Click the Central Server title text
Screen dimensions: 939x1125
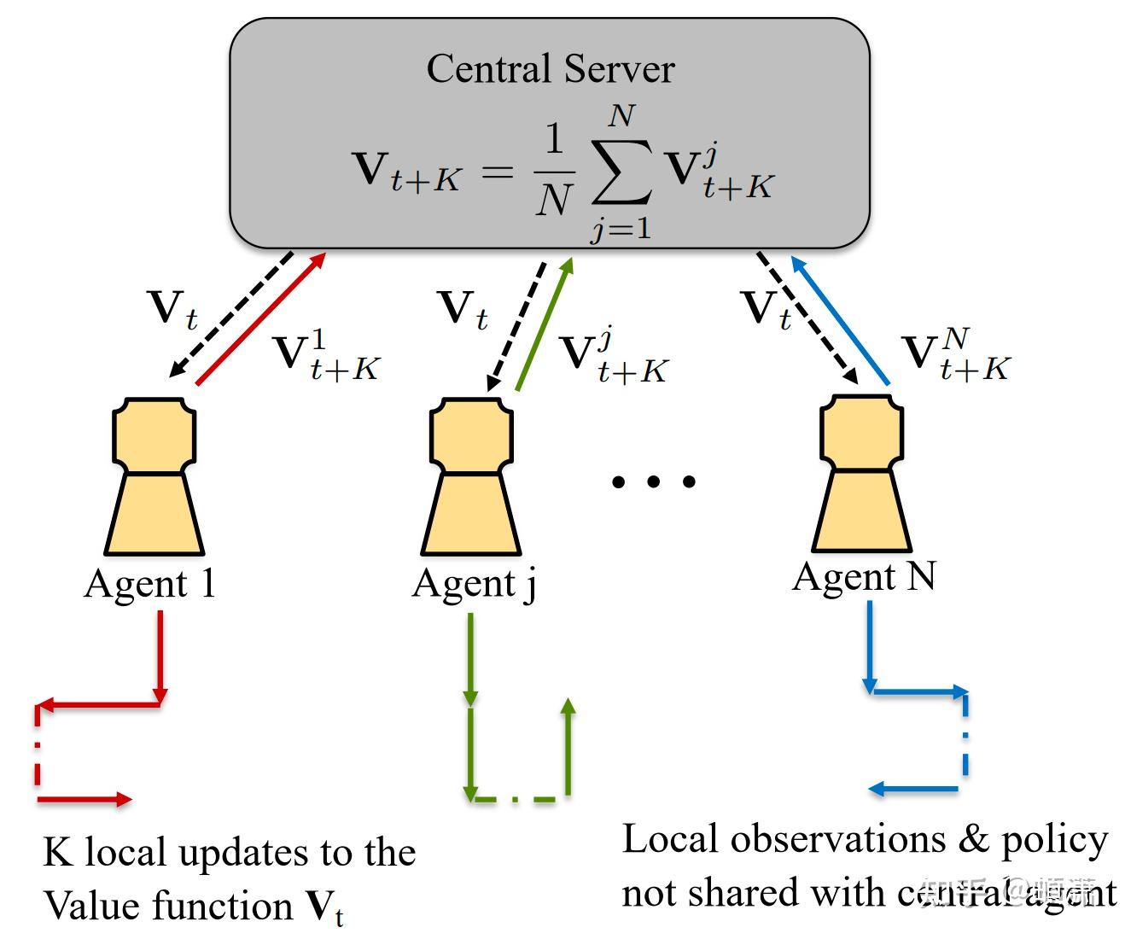point(550,68)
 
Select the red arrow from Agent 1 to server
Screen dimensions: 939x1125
point(262,318)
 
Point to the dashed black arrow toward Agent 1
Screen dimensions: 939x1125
point(230,314)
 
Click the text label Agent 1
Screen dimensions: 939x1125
point(149,585)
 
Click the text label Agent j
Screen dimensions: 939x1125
point(475,585)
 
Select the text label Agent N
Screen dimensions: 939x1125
point(864,577)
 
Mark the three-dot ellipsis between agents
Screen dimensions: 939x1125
point(653,481)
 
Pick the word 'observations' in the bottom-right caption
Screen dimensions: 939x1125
point(838,839)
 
